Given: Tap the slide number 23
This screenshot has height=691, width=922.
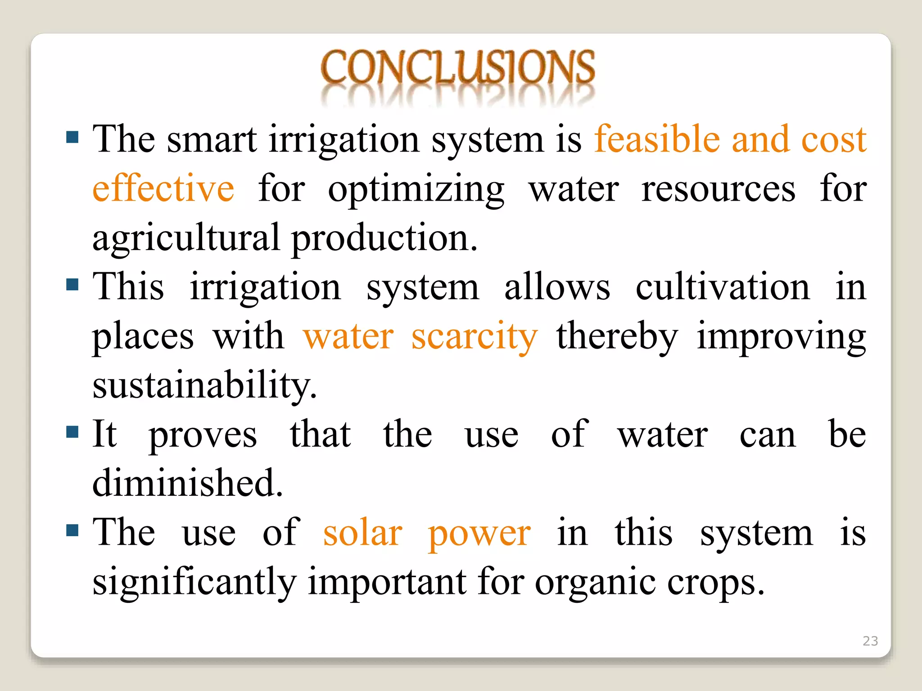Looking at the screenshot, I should click(870, 641).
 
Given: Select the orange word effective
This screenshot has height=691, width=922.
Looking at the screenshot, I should click(163, 188).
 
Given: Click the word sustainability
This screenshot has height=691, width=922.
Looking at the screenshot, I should click(204, 386).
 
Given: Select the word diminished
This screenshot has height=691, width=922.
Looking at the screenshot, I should click(187, 483).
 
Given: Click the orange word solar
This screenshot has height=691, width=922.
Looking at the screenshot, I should click(362, 533).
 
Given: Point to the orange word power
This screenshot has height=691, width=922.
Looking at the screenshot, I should click(479, 534).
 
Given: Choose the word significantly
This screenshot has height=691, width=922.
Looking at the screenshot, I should click(194, 583).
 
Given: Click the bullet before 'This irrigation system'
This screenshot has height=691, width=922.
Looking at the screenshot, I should click(72, 284).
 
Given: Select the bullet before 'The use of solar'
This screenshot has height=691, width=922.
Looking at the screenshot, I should click(72, 530).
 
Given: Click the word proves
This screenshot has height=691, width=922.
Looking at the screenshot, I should click(203, 435).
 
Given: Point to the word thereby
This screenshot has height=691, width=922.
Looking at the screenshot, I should click(617, 337).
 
